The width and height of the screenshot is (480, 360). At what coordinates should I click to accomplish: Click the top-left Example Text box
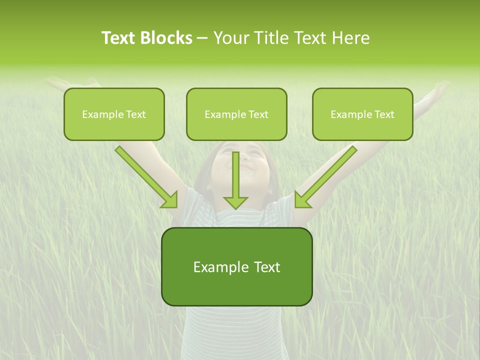click(x=114, y=114)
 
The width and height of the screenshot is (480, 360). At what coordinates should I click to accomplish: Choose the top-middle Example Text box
click(x=236, y=114)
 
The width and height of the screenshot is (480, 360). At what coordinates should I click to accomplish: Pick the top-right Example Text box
click(x=362, y=114)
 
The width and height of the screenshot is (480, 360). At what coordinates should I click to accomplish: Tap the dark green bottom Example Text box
click(x=236, y=266)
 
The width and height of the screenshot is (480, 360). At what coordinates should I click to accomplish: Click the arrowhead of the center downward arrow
click(x=235, y=202)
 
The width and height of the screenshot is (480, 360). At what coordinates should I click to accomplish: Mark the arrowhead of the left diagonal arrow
click(x=170, y=199)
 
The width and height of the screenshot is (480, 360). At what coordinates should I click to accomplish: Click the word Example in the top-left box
click(x=99, y=114)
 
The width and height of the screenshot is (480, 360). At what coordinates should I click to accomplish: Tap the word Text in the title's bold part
click(x=119, y=38)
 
